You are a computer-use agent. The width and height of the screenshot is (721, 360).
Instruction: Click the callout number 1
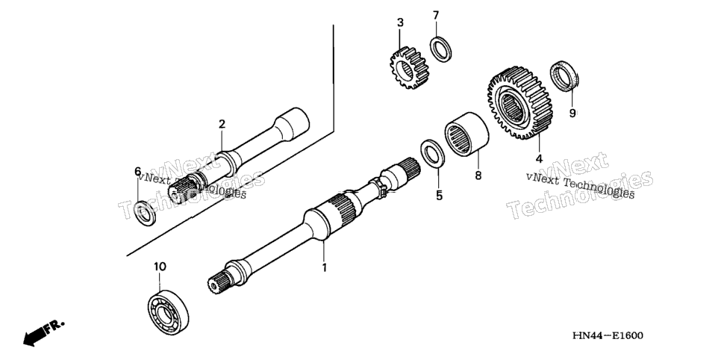pos(324,267)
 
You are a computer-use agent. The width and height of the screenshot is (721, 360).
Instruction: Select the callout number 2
pos(222,124)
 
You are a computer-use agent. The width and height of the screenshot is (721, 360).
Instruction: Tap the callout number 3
pos(401,22)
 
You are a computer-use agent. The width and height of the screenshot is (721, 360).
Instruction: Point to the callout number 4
pos(539,159)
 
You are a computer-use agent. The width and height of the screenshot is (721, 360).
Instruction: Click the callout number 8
pos(478,176)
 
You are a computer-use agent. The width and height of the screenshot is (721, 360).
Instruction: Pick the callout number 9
pos(572,114)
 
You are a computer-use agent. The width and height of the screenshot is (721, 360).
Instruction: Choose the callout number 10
pos(160,267)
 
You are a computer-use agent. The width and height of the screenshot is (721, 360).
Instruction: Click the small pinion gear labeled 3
pos(409,68)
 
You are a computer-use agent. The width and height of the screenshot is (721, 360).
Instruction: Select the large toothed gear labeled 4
pos(519,103)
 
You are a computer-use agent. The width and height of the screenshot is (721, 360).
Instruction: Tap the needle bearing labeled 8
pos(466,134)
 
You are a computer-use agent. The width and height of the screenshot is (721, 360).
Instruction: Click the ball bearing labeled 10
pos(168,312)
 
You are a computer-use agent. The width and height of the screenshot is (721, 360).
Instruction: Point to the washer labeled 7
pos(440,49)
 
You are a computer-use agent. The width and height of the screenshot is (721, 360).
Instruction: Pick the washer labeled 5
pos(432,152)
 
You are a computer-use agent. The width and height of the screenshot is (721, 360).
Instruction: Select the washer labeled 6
pos(144,213)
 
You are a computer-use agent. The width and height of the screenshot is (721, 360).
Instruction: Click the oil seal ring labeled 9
pos(564,75)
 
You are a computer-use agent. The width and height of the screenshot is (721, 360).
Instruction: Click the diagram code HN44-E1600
pos(608,335)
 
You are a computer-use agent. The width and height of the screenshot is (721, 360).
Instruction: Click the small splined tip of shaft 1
pos(217,282)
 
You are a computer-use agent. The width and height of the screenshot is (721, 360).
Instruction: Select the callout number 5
pos(439,196)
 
